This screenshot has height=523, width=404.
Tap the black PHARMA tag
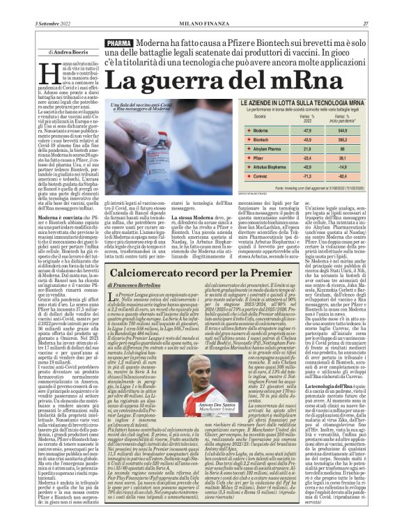[x=119, y=44]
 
